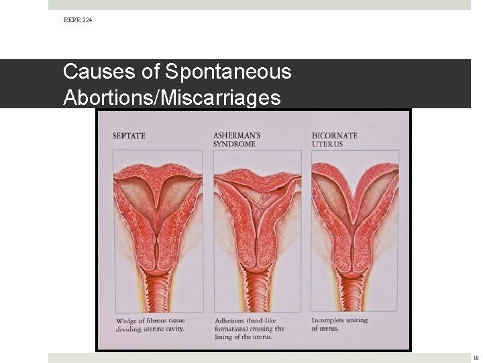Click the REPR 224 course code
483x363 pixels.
(x=78, y=20)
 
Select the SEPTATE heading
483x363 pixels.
(x=129, y=136)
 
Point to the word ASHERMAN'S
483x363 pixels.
(x=237, y=135)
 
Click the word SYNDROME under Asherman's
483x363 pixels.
(x=234, y=144)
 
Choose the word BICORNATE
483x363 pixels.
(x=335, y=135)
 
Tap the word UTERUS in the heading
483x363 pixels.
(x=327, y=144)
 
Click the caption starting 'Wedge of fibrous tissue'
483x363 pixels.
(x=150, y=324)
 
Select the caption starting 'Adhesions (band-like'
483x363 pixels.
(x=250, y=329)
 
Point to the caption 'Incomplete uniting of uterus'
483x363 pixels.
(x=339, y=324)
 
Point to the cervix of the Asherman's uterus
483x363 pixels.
(x=257, y=259)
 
